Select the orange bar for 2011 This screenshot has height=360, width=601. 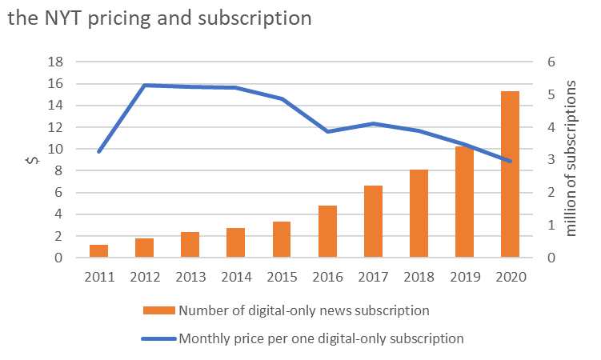(x=98, y=251)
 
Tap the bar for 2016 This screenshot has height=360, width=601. (x=327, y=232)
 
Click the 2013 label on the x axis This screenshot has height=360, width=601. (x=190, y=277)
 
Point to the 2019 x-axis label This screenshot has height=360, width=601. (x=464, y=277)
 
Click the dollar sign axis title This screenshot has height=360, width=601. (x=32, y=160)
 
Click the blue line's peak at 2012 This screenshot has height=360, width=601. (x=144, y=85)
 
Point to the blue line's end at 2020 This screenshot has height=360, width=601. (x=510, y=161)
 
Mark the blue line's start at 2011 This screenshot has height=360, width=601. (x=98, y=151)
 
